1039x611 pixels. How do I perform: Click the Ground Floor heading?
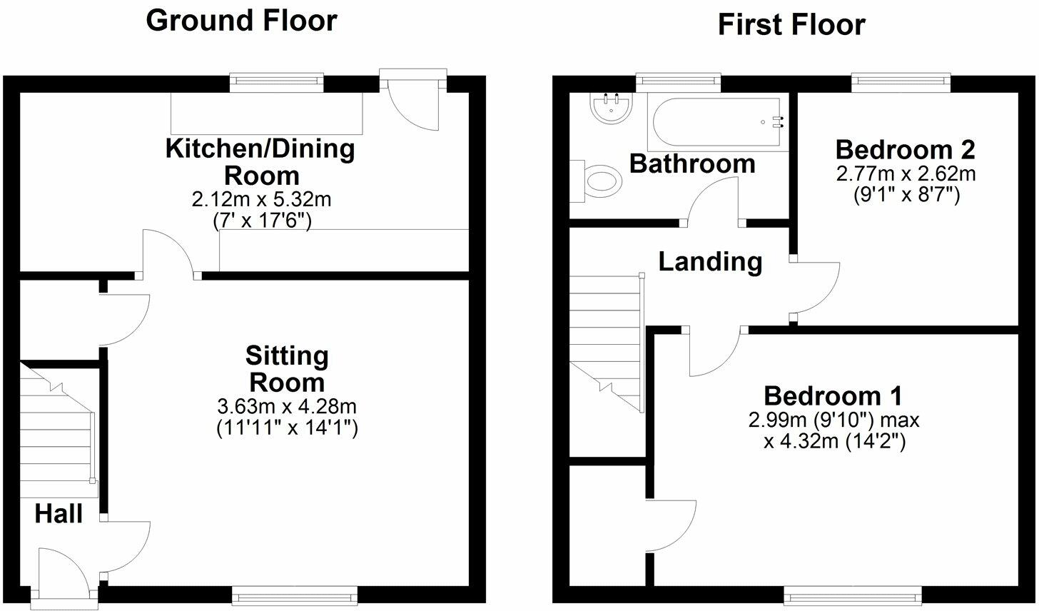[241, 21]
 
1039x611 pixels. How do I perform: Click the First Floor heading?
[791, 25]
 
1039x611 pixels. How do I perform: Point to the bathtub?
[718, 122]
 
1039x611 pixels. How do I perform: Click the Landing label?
[710, 262]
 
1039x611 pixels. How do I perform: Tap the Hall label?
[59, 513]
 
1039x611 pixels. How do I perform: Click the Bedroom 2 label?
[905, 150]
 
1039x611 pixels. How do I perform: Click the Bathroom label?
[691, 163]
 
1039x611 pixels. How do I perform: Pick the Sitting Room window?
[295, 591]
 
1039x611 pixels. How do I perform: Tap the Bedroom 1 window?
[853, 591]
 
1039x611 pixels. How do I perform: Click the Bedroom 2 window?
[901, 82]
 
